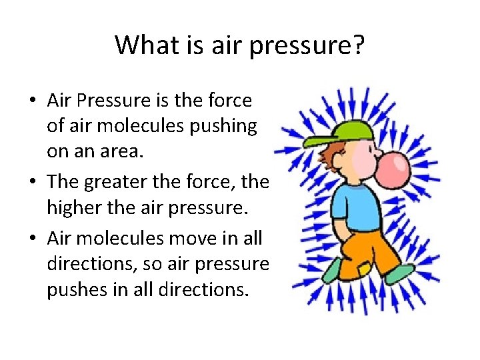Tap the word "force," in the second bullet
pyautogui.click(x=218, y=183)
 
